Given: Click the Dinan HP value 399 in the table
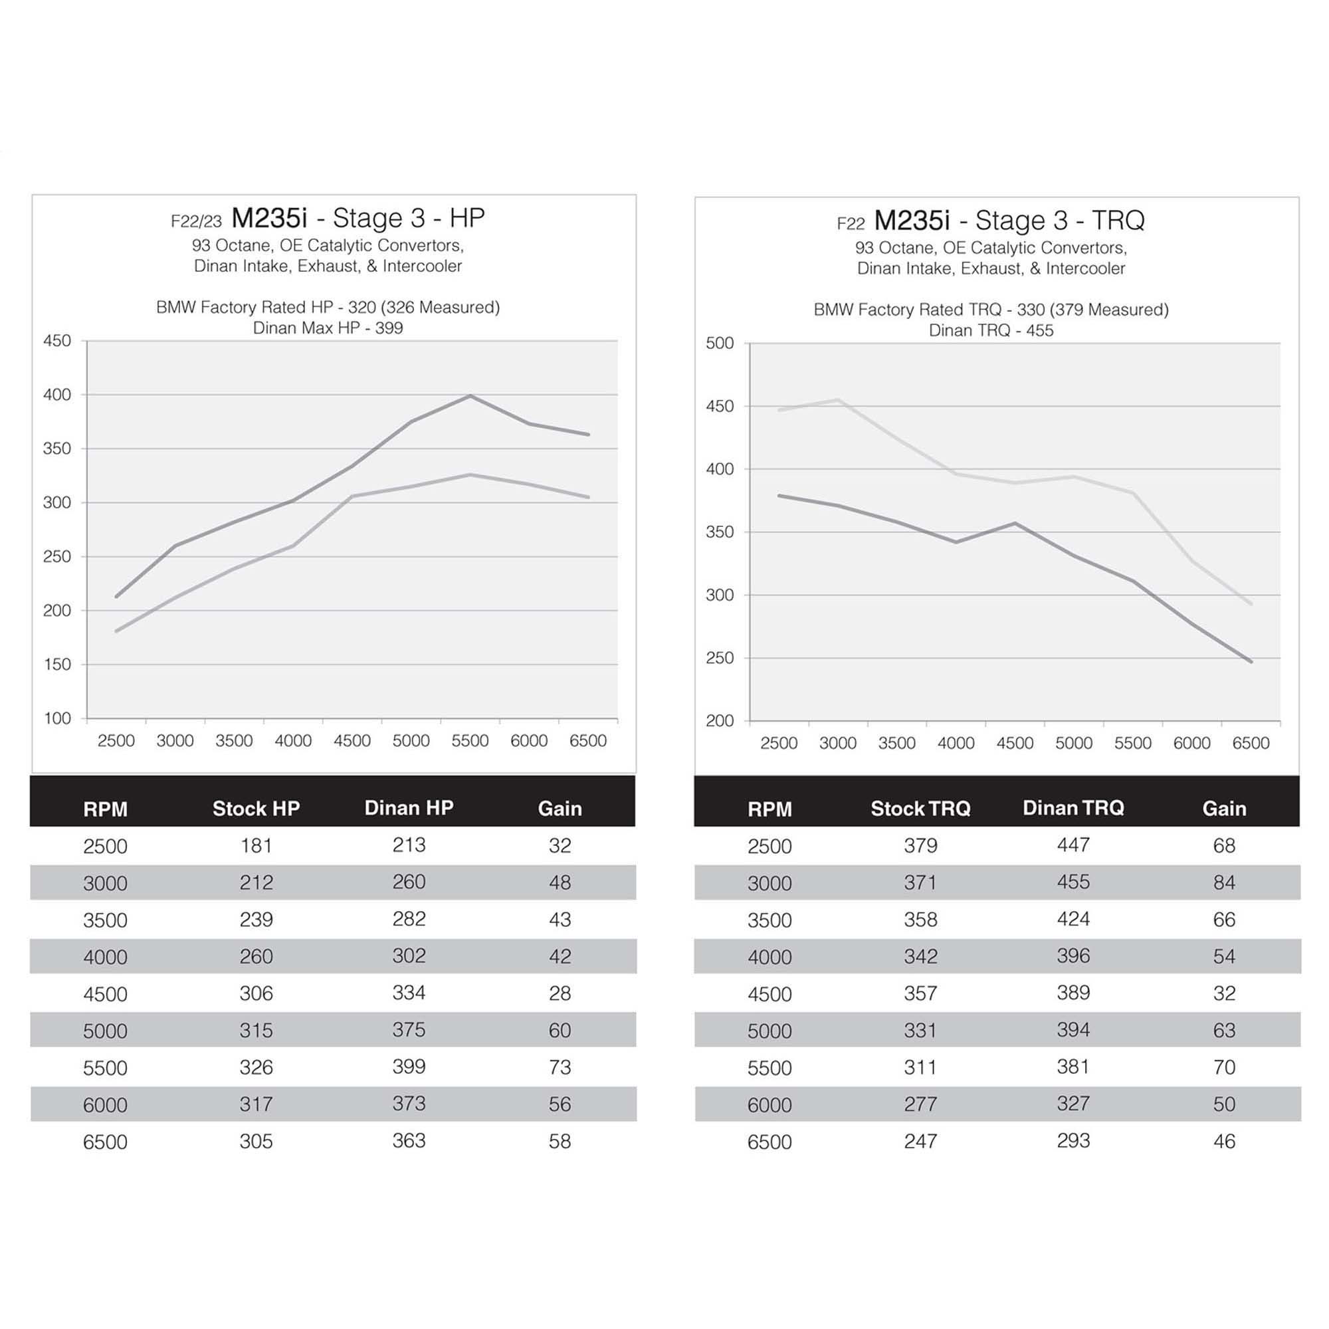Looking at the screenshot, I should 409,1067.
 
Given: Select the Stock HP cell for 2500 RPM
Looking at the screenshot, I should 256,845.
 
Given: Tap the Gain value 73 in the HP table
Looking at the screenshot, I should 560,1067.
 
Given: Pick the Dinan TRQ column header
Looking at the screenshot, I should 1073,807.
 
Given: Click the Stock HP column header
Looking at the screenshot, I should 256,808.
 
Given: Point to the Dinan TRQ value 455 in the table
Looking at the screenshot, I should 1073,882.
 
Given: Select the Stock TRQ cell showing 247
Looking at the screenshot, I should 920,1141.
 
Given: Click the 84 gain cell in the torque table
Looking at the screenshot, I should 1224,882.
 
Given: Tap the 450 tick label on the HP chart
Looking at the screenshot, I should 57,340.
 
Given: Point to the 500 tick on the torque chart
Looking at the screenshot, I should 720,344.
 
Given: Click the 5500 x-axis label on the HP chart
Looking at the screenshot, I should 470,741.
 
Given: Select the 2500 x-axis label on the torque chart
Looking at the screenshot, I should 779,744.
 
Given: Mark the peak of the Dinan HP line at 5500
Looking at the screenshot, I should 470,395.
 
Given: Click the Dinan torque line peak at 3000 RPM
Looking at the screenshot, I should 838,399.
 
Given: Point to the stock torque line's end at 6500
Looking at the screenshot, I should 1251,662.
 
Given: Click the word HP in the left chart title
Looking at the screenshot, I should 467,218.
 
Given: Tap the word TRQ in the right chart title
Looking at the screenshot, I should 1118,221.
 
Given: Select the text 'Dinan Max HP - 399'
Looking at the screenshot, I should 328,328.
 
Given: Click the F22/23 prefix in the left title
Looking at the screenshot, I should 196,221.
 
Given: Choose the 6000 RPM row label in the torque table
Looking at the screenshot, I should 769,1105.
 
